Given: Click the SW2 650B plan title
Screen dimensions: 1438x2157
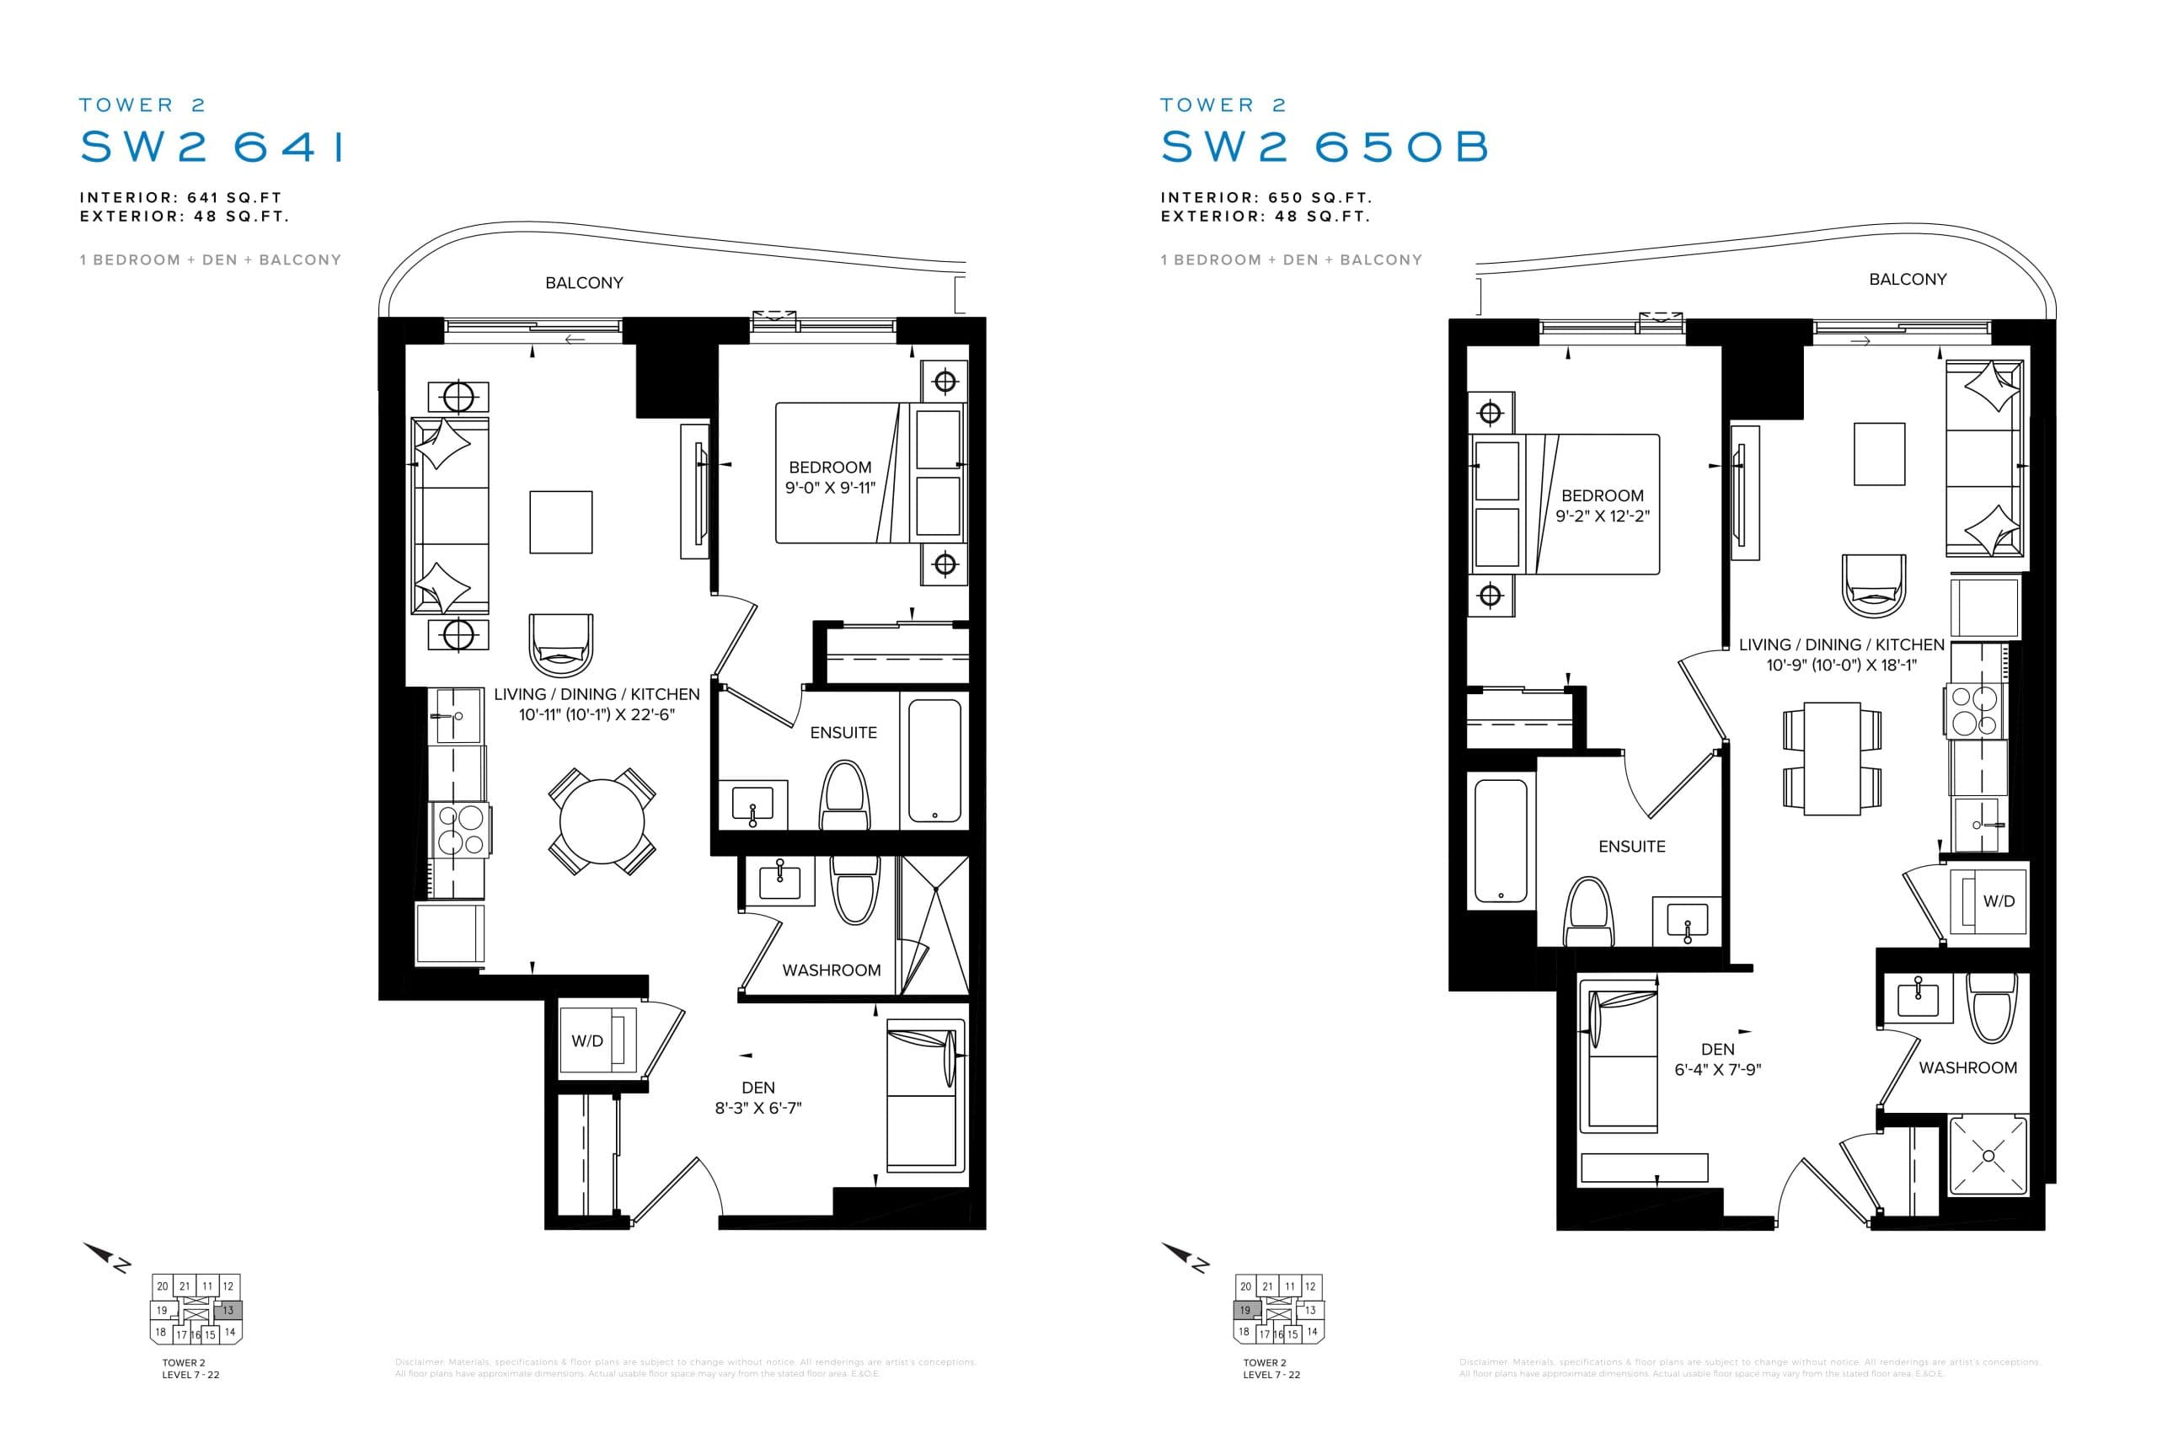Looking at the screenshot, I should coord(1325,147).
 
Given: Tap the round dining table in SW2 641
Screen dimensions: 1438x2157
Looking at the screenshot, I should coord(602,821).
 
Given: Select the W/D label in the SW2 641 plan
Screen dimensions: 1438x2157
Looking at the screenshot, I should coord(587,1041).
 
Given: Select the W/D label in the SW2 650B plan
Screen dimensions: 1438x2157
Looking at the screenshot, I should coord(1999,901).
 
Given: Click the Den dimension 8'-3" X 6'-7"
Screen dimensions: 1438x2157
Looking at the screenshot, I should coord(757,1108).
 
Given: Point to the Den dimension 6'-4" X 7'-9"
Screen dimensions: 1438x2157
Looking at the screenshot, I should coord(1717,1069).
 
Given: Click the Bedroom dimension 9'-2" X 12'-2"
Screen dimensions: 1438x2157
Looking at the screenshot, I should coord(1602,516).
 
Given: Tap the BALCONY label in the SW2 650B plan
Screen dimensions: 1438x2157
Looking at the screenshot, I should coord(1907,279).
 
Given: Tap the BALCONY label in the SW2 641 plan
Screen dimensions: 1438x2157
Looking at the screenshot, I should coord(583,282).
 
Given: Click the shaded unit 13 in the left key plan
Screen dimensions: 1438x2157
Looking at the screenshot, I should coord(228,1310).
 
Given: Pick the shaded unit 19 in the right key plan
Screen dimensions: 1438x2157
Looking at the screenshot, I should coord(1244,1310).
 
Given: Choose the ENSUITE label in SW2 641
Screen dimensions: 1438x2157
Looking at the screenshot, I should coord(843,733).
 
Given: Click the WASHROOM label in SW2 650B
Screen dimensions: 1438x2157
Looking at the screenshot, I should coord(1967,1067).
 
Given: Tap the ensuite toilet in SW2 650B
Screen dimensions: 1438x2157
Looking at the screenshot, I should coord(1589,912).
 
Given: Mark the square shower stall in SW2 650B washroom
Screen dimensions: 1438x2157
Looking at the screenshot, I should coord(1988,1156).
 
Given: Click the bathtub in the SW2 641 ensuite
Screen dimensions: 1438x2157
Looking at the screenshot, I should coord(934,760).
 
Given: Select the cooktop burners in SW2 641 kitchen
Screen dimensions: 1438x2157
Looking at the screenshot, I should coord(459,830).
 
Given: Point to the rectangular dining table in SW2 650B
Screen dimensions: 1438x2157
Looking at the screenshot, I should coord(1832,758).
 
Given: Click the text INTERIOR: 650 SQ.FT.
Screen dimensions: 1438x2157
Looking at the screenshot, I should coord(1266,197).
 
